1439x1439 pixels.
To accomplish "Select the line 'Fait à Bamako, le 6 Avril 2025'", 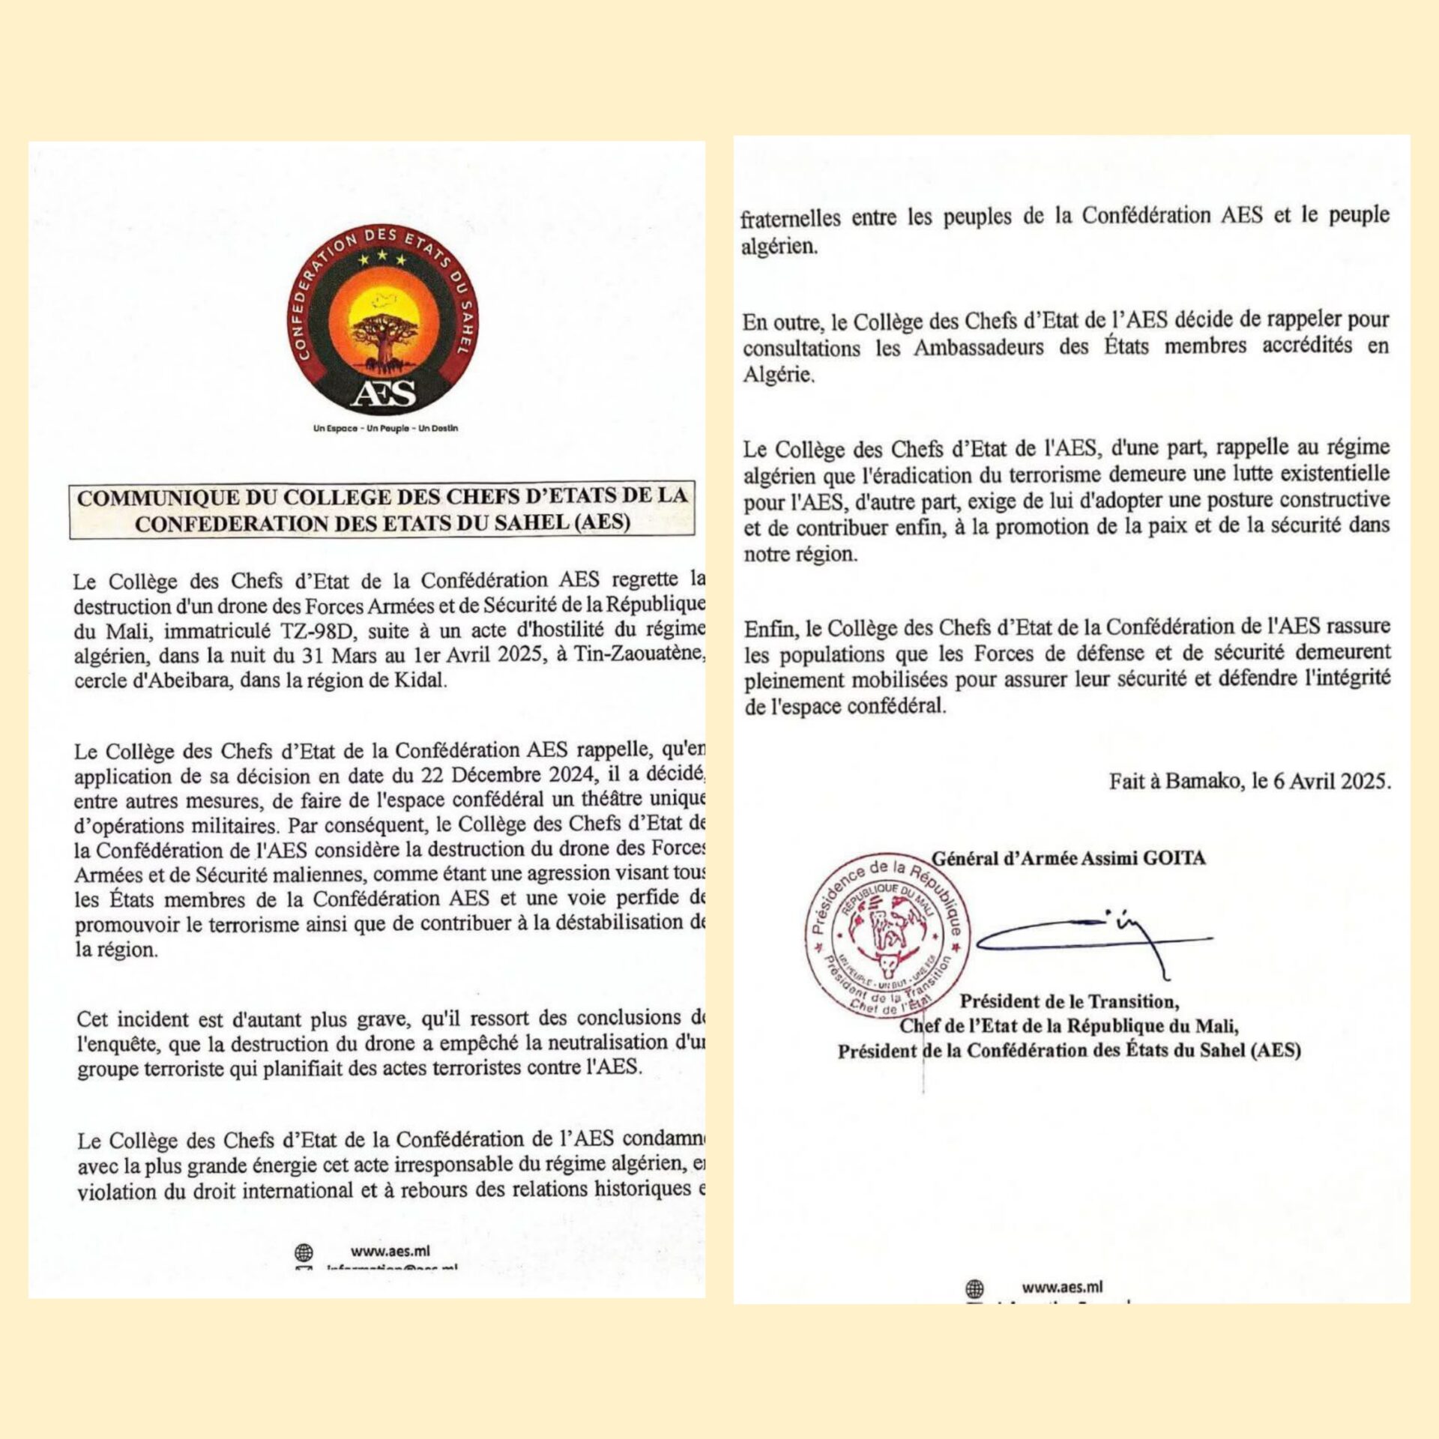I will click(1249, 782).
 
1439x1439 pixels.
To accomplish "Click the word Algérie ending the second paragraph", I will click(777, 375).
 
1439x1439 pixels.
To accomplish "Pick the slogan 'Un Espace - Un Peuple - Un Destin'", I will click(385, 429).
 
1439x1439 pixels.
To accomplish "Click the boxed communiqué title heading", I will click(382, 510).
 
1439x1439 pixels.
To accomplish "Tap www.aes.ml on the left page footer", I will click(390, 1251).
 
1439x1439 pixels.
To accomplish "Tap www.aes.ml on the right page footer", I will click(1062, 1287).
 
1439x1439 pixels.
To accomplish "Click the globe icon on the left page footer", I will click(304, 1252).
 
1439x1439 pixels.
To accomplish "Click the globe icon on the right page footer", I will click(974, 1288).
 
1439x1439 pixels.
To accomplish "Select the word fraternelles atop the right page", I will click(790, 219).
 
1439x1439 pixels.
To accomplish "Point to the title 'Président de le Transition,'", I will click(1070, 1001).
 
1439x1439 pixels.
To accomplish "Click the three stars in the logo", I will click(382, 259).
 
